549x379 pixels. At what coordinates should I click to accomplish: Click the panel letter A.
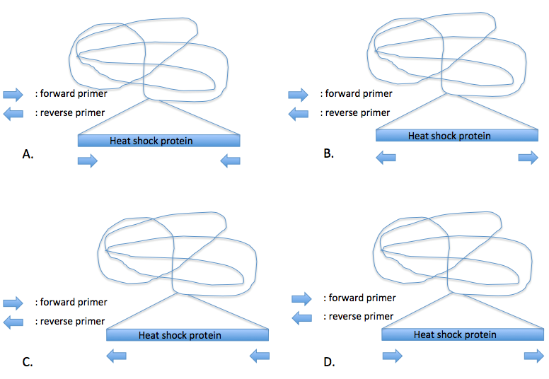tap(29, 153)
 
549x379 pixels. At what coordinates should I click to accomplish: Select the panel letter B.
tap(328, 152)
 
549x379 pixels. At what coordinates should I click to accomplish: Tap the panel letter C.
tap(28, 362)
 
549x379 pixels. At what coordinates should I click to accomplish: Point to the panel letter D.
tap(329, 362)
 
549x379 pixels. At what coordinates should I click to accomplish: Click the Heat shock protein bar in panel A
tap(158, 141)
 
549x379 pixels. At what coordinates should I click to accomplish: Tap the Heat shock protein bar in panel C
tap(187, 335)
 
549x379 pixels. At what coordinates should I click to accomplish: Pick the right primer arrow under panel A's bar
tap(230, 162)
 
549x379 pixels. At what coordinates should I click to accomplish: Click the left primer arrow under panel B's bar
tap(386, 157)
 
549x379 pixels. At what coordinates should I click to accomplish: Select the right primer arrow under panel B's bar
tap(528, 157)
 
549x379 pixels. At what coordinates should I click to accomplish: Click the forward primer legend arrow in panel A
tap(13, 93)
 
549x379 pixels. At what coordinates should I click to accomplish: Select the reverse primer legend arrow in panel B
tap(299, 113)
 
